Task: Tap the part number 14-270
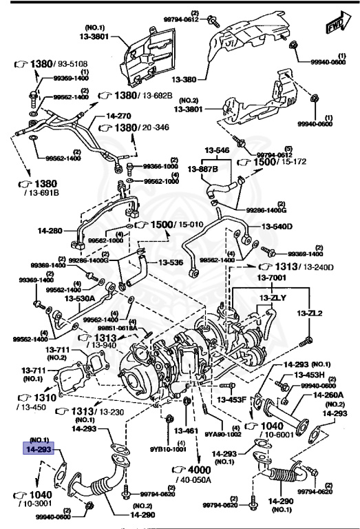click(118, 117)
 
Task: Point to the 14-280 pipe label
click(50, 232)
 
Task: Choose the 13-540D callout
click(276, 226)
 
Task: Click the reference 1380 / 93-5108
click(54, 63)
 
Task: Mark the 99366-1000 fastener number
click(160, 167)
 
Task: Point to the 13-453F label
click(232, 399)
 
